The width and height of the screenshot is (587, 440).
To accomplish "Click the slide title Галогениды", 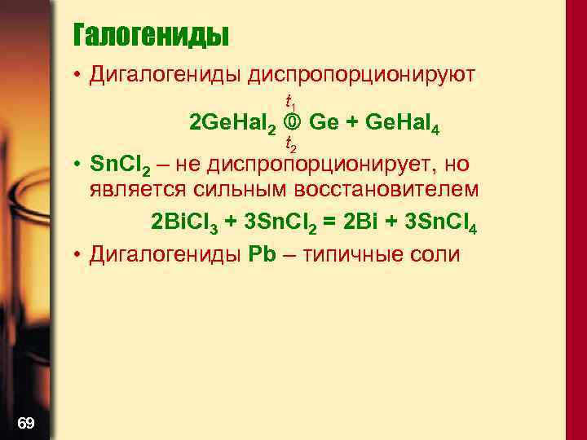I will [x=151, y=35].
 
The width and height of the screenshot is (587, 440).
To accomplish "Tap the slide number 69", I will [x=25, y=421].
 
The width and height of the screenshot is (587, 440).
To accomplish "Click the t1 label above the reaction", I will [x=290, y=102].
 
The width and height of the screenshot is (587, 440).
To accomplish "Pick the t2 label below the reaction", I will [x=290, y=145].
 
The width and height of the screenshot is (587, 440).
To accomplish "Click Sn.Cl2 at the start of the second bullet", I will [x=119, y=165].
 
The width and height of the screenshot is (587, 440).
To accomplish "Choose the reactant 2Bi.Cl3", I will [x=192, y=222].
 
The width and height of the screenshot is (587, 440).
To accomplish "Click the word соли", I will [x=438, y=253].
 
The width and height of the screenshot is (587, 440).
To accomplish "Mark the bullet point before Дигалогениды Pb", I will [x=75, y=254].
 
